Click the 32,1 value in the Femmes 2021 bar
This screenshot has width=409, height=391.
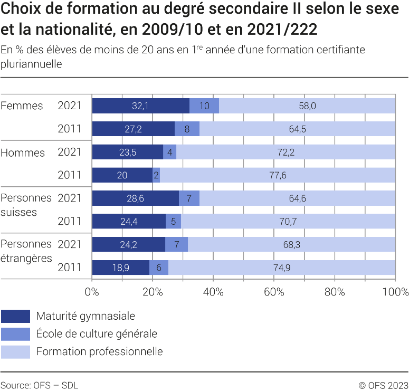(140, 106)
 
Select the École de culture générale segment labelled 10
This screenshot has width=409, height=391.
(204, 106)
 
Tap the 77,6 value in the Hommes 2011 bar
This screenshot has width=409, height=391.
(277, 175)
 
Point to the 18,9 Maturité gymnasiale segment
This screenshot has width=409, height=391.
(121, 268)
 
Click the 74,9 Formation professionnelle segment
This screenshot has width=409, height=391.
(281, 268)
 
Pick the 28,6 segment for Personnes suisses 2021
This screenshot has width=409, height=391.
(135, 198)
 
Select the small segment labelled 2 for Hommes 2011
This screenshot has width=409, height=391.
(156, 175)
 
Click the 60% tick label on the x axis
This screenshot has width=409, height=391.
(274, 291)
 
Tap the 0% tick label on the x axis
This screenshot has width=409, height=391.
(92, 291)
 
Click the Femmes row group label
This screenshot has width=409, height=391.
(22, 106)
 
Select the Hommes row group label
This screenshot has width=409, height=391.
(23, 152)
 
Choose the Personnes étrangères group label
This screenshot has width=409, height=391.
(26, 251)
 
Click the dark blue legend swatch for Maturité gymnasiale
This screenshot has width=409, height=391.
(15, 316)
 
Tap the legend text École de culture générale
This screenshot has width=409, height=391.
(97, 333)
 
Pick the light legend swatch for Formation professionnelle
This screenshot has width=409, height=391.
(15, 351)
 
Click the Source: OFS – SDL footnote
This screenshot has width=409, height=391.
(39, 385)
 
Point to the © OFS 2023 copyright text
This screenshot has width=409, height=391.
(384, 385)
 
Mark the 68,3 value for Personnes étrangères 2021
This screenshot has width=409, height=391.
(291, 244)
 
